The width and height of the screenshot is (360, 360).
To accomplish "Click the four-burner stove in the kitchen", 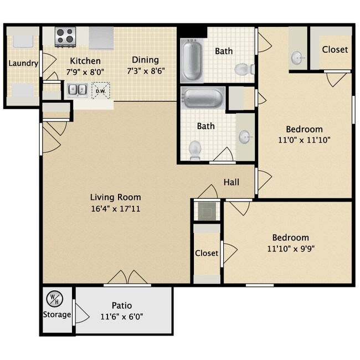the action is (x=65, y=37).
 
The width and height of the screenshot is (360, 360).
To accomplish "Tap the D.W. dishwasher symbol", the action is (x=101, y=91).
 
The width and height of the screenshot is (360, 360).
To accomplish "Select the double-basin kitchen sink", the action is (x=77, y=90).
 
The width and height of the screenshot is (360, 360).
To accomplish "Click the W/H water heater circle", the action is (x=55, y=299).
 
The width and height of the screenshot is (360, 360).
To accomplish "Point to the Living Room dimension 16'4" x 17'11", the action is (x=116, y=209).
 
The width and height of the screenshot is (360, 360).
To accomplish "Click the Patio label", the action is (x=122, y=305).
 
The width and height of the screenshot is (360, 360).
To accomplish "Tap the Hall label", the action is (x=231, y=182).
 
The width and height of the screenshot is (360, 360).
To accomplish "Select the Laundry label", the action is (x=23, y=63).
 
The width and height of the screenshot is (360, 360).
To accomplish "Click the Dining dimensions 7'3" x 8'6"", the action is (x=146, y=71).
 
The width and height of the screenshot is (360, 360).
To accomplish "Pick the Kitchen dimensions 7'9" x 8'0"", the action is (x=85, y=72).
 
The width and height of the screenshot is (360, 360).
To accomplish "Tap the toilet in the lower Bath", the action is (x=195, y=151).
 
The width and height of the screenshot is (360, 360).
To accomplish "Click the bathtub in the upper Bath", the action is (x=192, y=60).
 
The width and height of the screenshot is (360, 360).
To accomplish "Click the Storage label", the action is (x=57, y=315).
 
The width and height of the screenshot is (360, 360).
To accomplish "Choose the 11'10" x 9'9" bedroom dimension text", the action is (x=291, y=249).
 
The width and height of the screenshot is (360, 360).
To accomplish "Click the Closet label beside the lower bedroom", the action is (x=207, y=253).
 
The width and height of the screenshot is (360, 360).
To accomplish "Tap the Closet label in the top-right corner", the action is (x=335, y=49).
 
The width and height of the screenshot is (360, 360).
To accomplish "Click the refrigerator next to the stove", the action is (x=101, y=38).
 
